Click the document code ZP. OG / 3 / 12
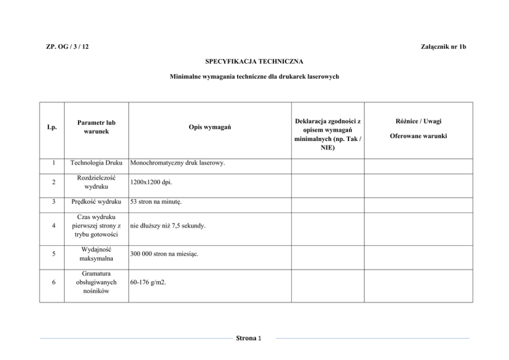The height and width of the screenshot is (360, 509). coord(67,47)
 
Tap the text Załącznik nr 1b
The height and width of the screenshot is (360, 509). coord(443,47)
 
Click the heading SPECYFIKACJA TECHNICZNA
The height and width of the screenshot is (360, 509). coord(254,62)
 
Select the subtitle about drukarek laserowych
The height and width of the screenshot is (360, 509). coord(254,77)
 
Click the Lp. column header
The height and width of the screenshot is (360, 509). coord(51,127)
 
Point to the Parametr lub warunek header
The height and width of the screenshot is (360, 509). coord(96,127)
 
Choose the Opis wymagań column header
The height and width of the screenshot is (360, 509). coord(209,127)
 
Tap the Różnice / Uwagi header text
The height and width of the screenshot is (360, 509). coord(418,122)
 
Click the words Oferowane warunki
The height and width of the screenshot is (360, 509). coord(418,136)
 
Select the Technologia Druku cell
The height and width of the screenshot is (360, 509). coord(96,164)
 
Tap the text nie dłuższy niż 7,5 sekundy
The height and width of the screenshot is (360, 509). coord(168,225)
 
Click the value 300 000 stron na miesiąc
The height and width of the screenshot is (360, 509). coord(164,254)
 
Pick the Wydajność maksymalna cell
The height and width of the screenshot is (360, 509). coord(96,254)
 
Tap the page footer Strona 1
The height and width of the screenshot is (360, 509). coord(248,338)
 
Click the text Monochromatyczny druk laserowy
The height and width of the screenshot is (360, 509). coord(178,164)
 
